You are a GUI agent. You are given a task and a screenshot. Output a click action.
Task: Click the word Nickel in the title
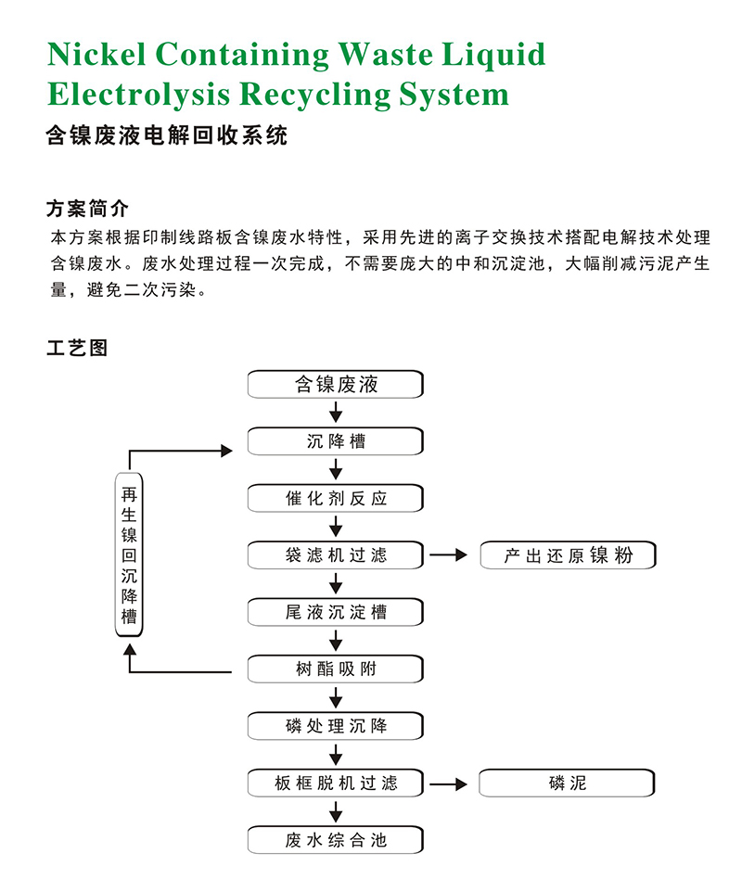point(96,55)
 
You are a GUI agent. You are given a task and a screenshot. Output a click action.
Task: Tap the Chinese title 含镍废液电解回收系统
point(167,136)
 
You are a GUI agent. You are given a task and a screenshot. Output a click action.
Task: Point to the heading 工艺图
point(77,348)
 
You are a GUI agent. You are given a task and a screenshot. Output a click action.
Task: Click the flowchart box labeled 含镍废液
point(336,384)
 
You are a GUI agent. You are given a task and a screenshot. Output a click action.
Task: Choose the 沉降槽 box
point(336,441)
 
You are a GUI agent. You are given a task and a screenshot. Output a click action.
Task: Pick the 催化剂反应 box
point(336,498)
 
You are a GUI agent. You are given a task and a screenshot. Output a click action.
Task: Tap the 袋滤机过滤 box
point(336,555)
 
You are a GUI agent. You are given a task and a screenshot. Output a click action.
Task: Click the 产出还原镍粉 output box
point(568,555)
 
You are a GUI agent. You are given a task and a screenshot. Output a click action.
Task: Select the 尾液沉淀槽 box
point(336,612)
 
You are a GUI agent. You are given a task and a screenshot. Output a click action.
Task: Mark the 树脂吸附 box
point(336,669)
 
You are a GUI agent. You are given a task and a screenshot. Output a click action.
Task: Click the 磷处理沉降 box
point(336,726)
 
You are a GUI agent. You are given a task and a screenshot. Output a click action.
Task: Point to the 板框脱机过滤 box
point(336,783)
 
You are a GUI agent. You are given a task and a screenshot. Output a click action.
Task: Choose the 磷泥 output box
point(568,783)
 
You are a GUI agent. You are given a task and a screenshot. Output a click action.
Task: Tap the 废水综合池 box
point(336,840)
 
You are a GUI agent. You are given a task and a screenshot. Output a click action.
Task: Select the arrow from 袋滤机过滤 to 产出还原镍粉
point(449,555)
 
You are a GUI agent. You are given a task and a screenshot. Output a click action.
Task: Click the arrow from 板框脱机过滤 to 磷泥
point(449,783)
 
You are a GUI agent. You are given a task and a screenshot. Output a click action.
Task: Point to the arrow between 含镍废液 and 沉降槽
point(336,413)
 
